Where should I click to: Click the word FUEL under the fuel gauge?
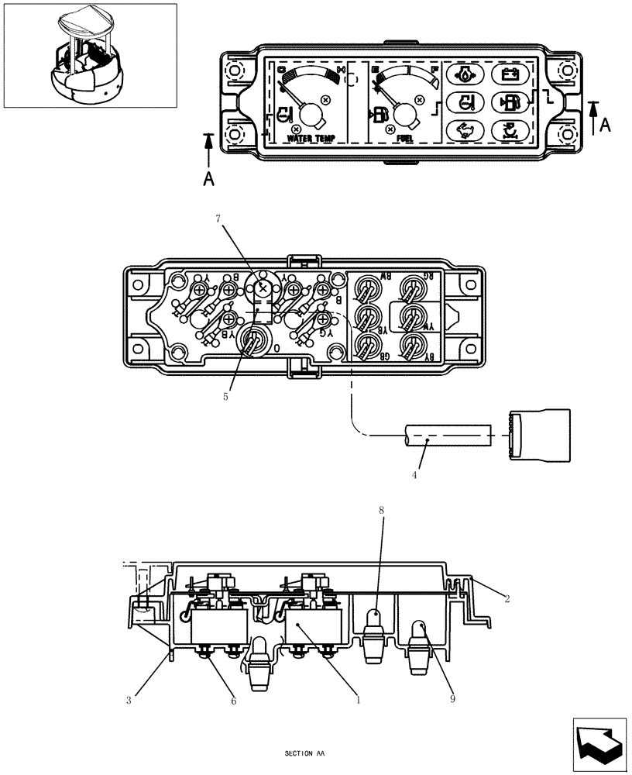click(x=404, y=138)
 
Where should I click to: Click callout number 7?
click(x=218, y=220)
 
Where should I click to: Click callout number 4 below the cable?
click(x=414, y=474)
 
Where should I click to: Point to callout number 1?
click(x=358, y=700)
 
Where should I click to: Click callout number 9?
click(x=452, y=699)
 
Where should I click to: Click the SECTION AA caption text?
click(x=304, y=753)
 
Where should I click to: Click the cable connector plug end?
click(x=539, y=436)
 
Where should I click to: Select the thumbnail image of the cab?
click(x=90, y=55)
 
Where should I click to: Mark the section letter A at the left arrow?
click(x=208, y=178)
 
